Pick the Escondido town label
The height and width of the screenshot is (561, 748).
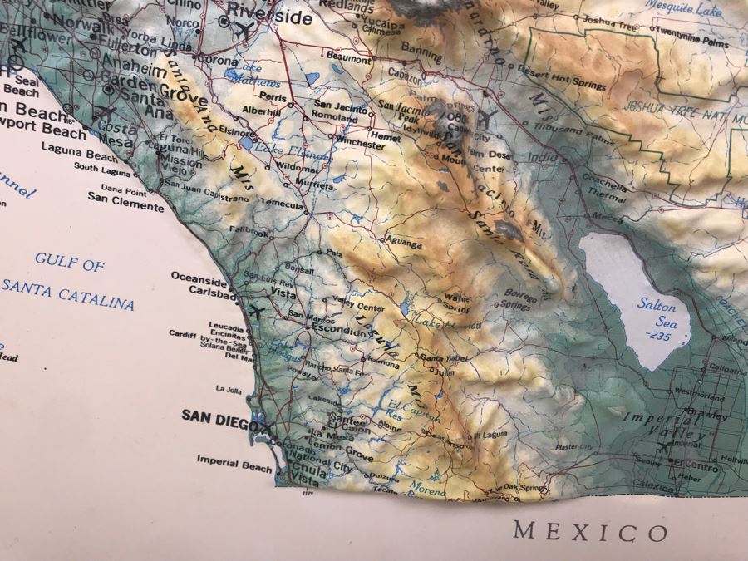click(339, 330)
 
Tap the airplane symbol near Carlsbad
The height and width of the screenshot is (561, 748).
click(258, 312)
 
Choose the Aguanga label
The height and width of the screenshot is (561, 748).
click(403, 244)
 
